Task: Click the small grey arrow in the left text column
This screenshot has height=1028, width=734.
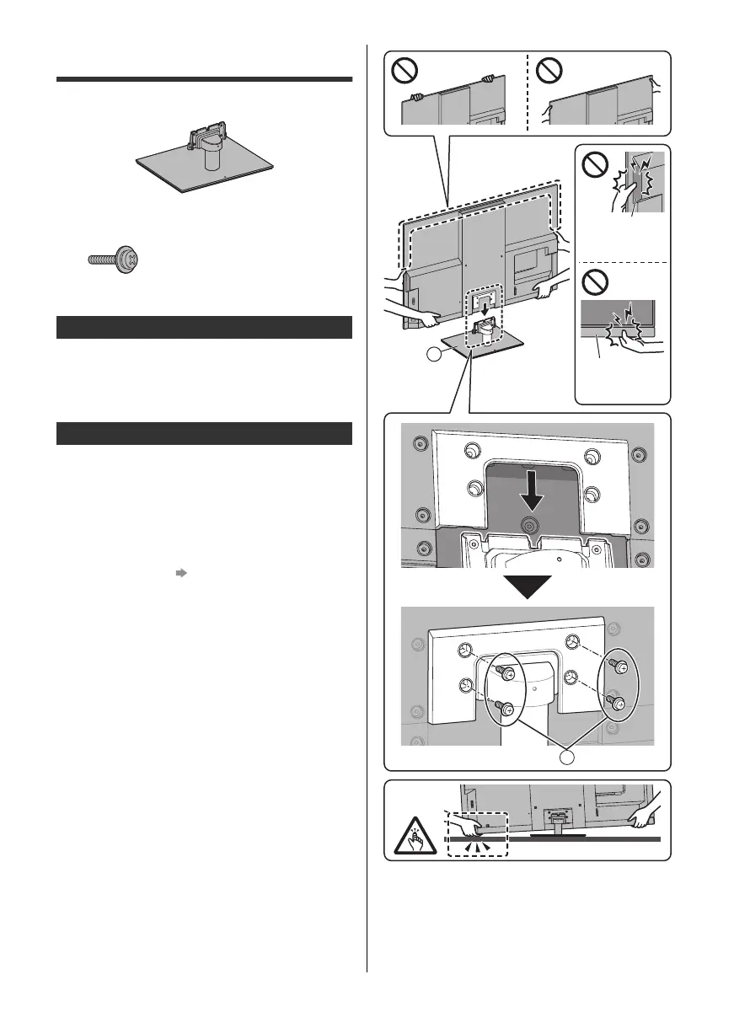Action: point(179,571)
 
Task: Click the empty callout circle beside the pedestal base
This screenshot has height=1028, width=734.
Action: point(435,356)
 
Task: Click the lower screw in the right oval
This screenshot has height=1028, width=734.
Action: point(618,704)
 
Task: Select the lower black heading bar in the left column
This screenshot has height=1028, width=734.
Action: point(203,433)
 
